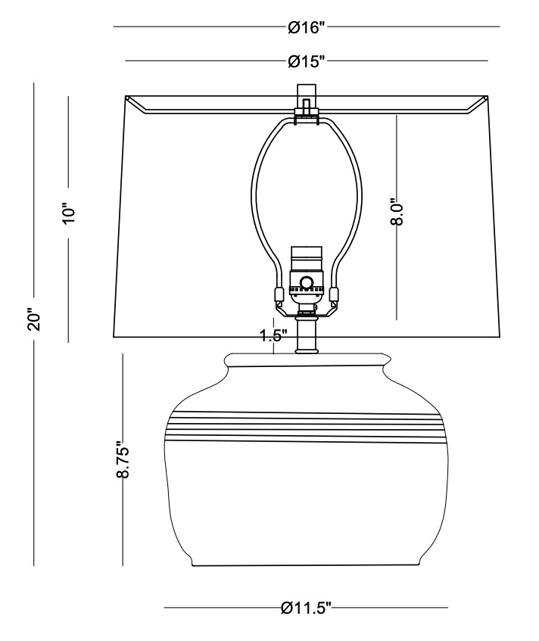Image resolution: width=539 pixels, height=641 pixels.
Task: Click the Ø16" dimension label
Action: (307, 27)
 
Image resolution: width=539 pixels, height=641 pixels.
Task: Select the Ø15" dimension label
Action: (307, 61)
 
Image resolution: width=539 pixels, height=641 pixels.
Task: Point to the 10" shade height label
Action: (69, 213)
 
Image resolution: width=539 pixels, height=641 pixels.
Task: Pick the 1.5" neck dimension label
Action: (273, 337)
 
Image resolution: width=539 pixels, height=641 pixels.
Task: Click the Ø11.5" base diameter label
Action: (307, 608)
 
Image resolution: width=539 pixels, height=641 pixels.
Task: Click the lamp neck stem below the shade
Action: (307, 337)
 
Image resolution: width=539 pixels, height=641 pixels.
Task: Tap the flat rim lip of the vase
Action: (307, 359)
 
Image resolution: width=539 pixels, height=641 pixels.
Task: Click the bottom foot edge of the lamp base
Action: (307, 565)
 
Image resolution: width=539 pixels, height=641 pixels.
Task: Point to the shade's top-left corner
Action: (126, 97)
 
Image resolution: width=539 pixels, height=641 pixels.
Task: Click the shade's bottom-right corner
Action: (499, 335)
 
